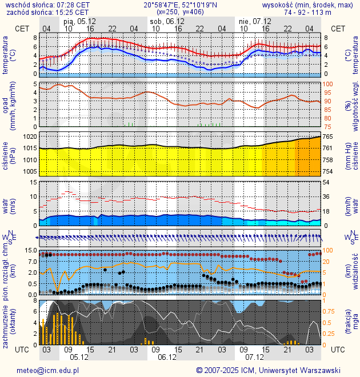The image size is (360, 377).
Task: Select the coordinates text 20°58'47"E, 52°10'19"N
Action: click(180, 5)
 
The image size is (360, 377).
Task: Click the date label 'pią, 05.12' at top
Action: click(79, 22)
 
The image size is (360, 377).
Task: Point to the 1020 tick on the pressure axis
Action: click(30, 137)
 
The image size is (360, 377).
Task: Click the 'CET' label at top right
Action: click(338, 29)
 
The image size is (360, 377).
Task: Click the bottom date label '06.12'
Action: click(166, 358)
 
